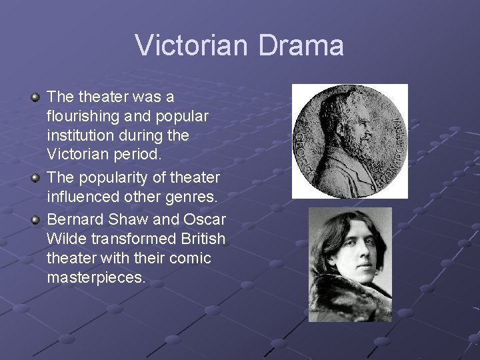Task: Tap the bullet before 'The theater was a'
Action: [35, 98]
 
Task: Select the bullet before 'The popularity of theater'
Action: [35, 179]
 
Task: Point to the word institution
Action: [81, 136]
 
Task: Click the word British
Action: [203, 239]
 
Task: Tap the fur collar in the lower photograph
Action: [347, 303]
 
